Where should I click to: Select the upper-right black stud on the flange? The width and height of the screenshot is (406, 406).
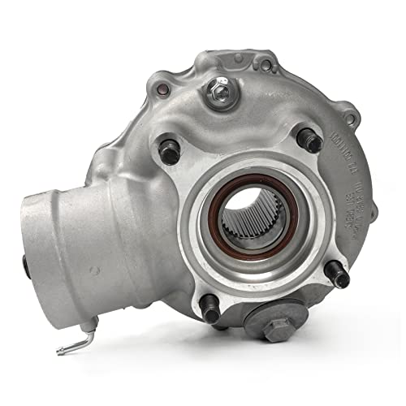tap(309, 140)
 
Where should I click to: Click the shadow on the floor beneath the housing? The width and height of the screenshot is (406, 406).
tap(244, 357)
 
